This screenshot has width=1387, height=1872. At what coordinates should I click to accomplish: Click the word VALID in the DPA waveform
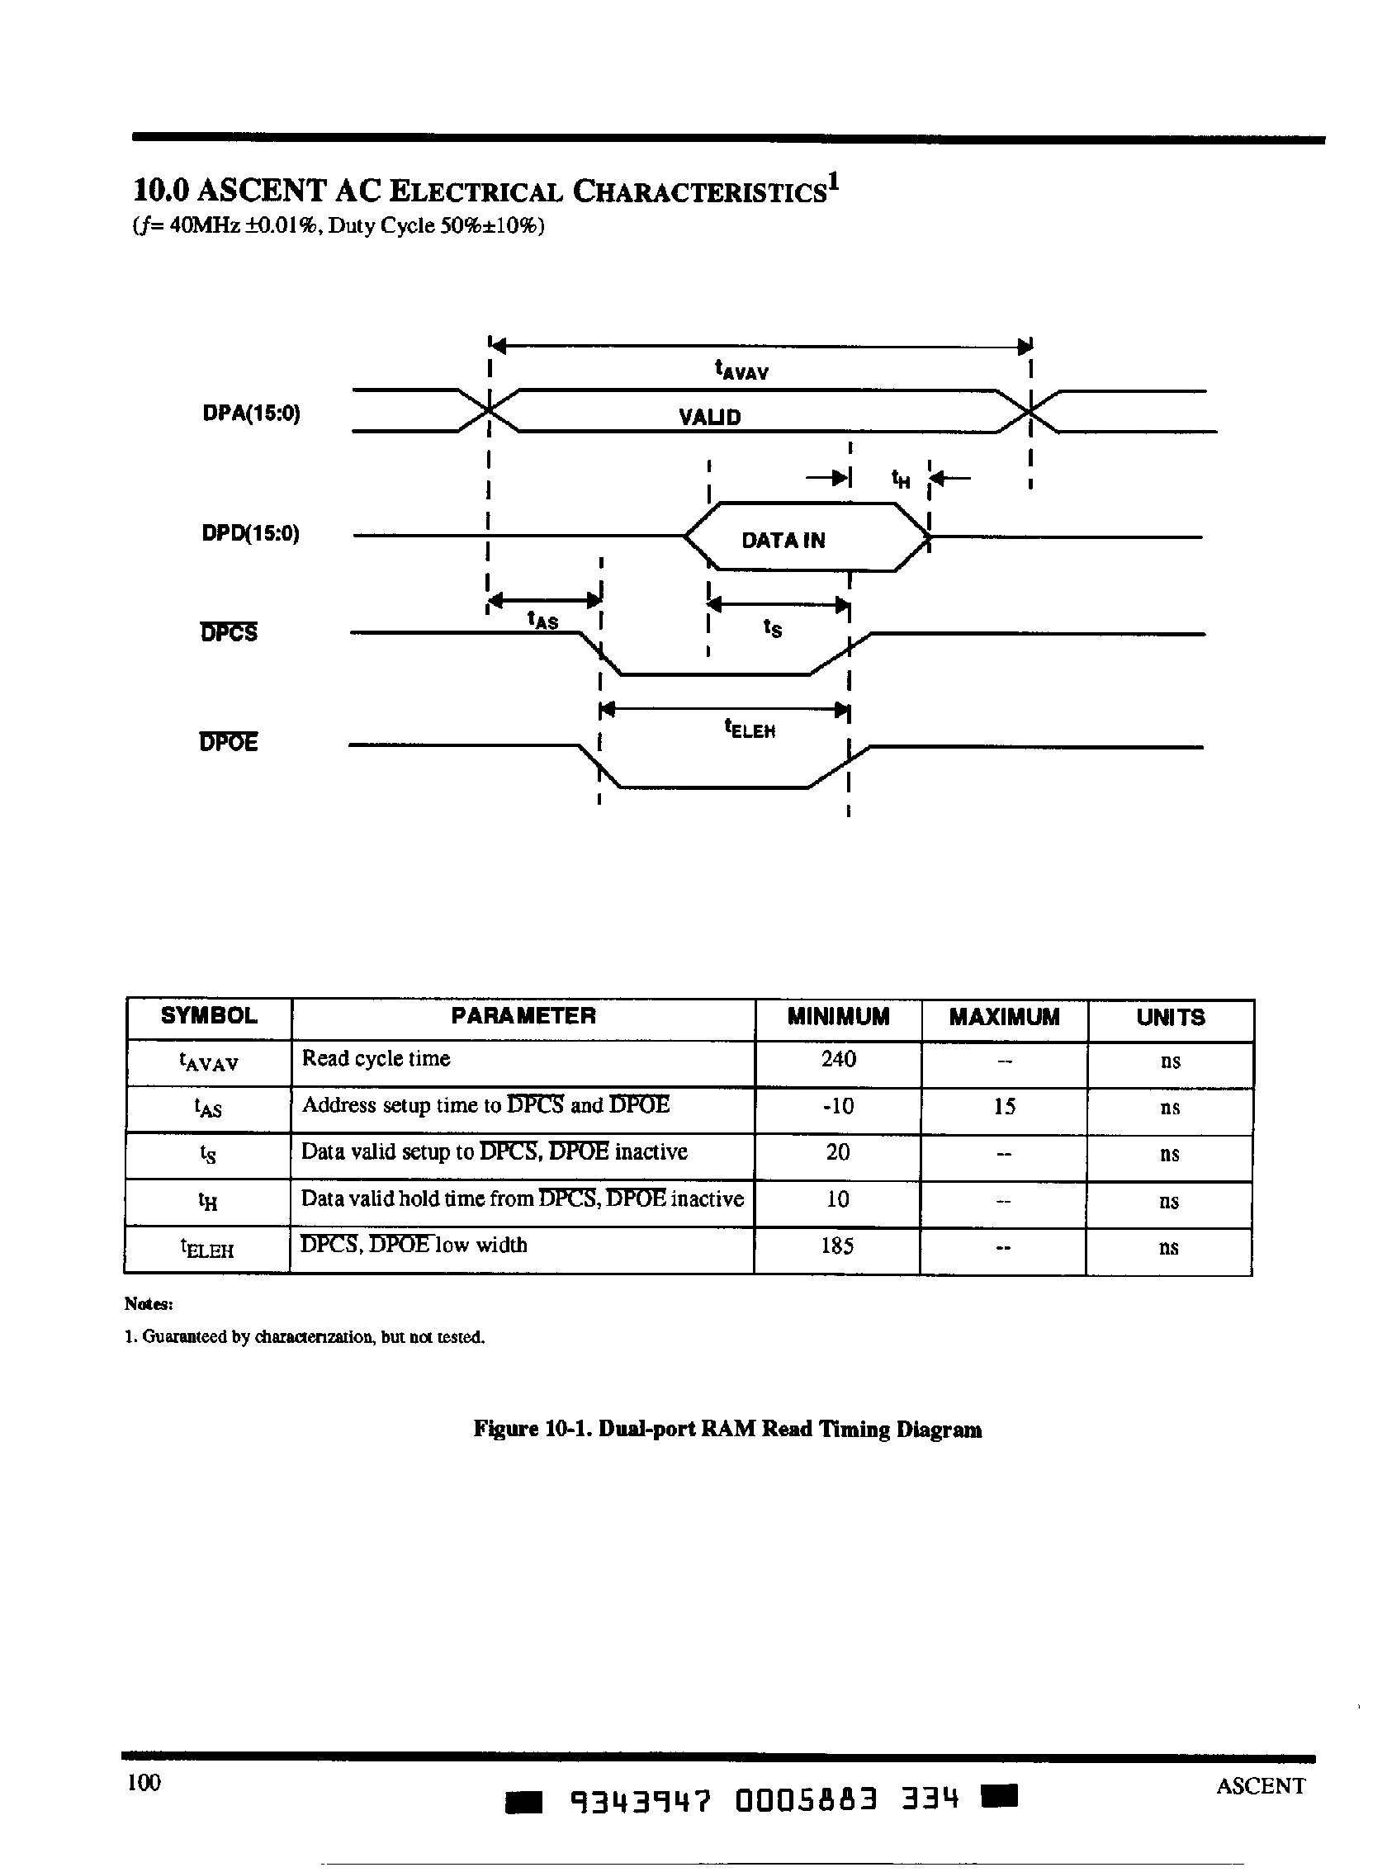[x=709, y=417]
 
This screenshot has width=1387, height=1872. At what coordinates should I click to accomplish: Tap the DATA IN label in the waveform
[x=783, y=541]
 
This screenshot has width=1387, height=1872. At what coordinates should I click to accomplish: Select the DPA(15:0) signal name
[x=251, y=414]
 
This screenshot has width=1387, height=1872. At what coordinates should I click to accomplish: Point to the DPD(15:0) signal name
[x=251, y=534]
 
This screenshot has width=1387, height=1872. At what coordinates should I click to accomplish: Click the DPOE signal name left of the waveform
[x=229, y=743]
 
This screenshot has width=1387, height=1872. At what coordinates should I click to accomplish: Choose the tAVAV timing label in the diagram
[x=741, y=371]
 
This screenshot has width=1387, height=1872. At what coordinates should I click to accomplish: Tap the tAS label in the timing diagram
[x=542, y=621]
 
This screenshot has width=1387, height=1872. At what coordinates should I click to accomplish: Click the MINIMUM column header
[x=838, y=1017]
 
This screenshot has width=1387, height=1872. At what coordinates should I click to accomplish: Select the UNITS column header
[x=1171, y=1018]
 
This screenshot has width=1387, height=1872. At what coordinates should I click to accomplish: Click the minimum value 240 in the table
[x=838, y=1060]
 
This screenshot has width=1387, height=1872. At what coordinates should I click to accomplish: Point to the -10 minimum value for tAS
[x=838, y=1106]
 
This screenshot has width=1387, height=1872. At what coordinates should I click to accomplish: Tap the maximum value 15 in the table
[x=1004, y=1106]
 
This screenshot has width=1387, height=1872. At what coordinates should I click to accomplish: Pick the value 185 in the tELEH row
[x=837, y=1246]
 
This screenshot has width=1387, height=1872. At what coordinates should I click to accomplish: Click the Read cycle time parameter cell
[x=376, y=1058]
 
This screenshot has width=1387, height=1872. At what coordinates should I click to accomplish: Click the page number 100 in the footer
[x=144, y=1782]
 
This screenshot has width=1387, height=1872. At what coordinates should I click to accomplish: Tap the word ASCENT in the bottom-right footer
[x=1260, y=1785]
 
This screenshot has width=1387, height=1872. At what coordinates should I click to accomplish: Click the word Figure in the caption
[x=505, y=1430]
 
